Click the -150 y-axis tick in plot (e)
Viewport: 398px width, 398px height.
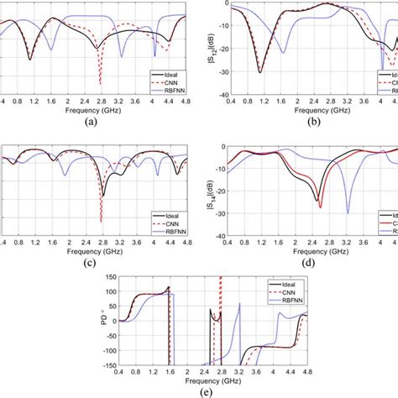[113, 365]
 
